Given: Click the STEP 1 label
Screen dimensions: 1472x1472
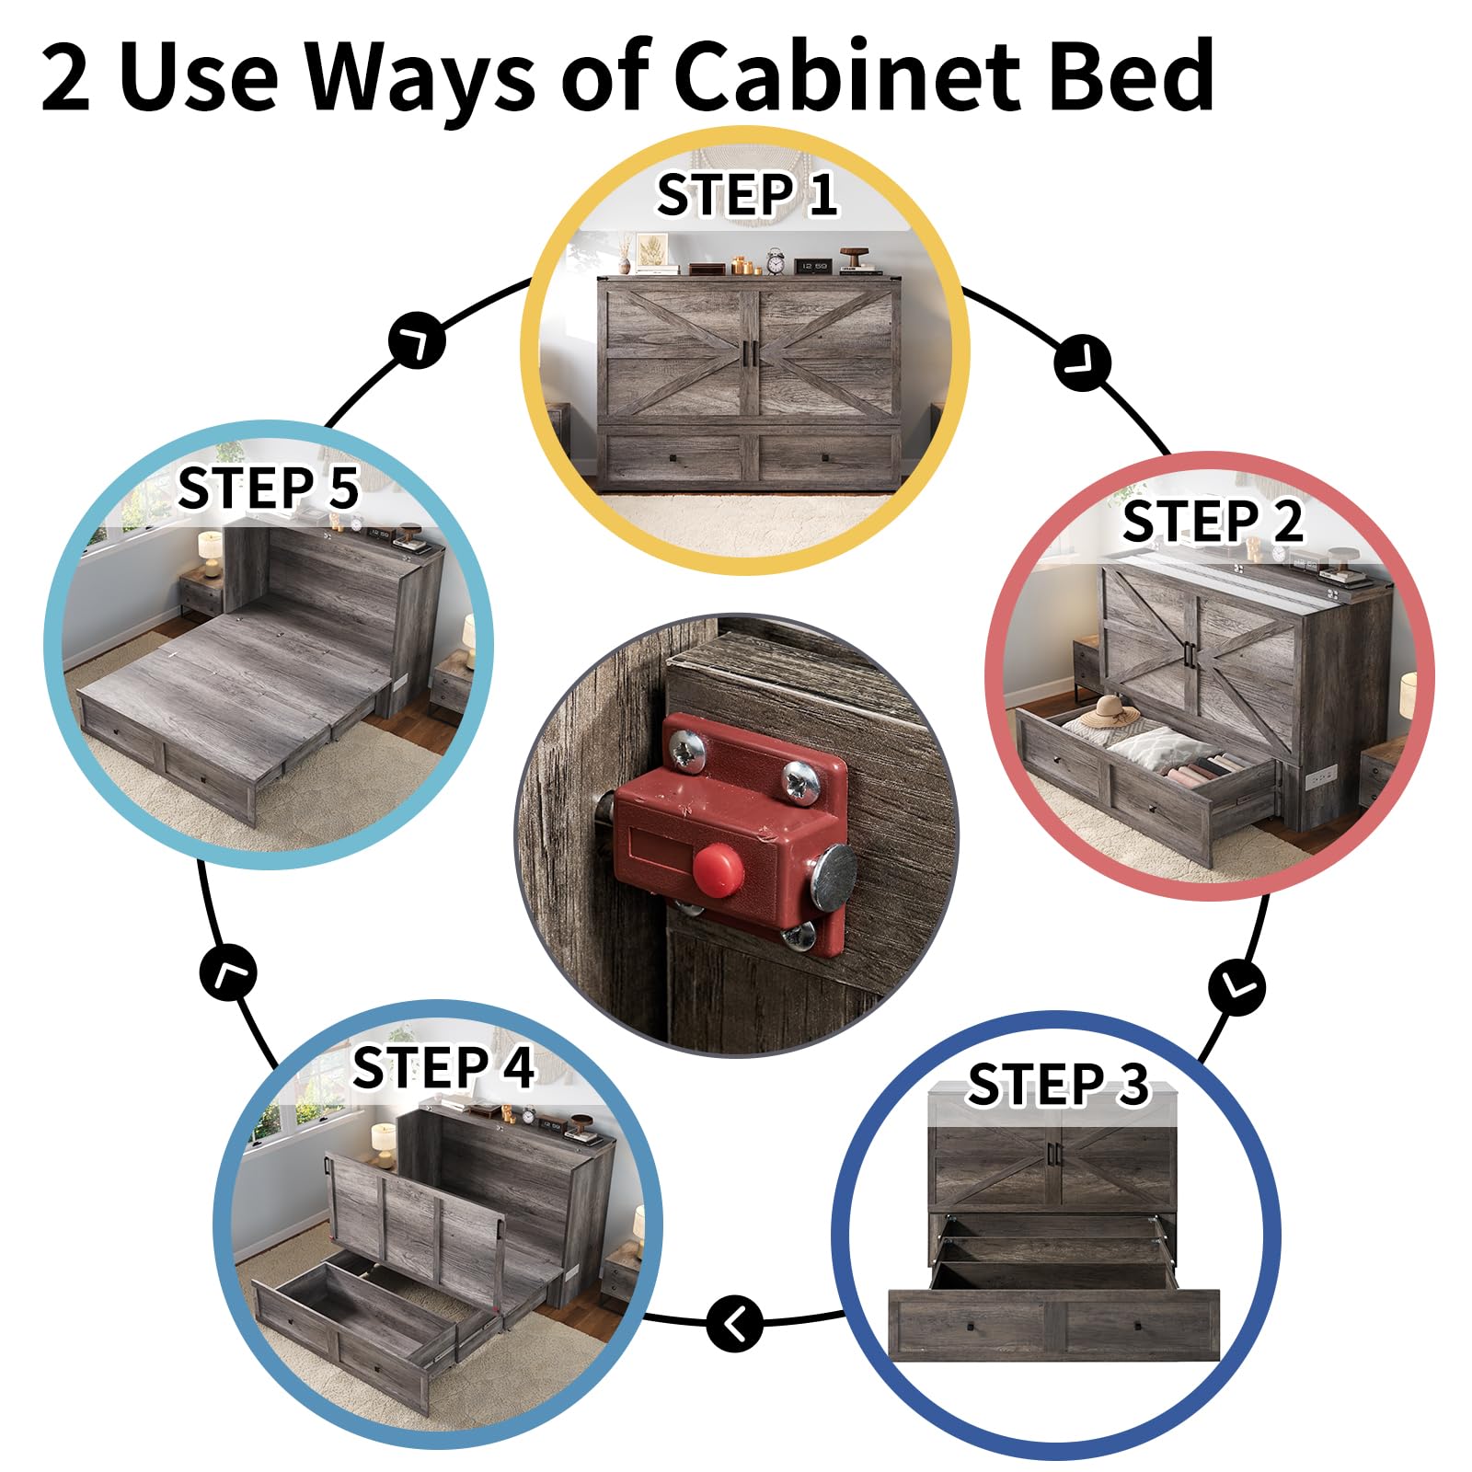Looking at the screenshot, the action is pos(746,195).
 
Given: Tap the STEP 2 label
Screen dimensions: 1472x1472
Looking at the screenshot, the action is pos(1213,522).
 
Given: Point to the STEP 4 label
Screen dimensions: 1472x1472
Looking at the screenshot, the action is pos(443,1067).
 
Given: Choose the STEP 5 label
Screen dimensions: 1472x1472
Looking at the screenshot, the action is pos(268,488).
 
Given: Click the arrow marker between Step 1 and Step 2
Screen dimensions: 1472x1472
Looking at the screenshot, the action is pos(1083,363).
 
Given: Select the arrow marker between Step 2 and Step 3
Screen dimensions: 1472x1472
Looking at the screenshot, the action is pos(1237,987).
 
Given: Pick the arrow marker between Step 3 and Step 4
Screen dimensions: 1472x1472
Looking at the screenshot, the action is pos(735,1324).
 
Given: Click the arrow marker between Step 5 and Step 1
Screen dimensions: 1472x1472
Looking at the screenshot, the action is pos(417,341).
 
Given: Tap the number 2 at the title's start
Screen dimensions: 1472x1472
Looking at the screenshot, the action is pos(66,79).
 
